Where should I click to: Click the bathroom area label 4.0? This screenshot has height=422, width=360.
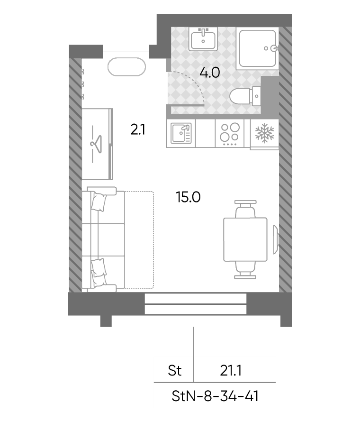pos(210,73)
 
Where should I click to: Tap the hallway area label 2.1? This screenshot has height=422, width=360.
pos(138,129)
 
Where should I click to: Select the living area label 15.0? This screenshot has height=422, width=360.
pos(188,197)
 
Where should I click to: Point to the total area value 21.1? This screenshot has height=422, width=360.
pos(230,371)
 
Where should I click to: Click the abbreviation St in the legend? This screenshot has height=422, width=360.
pos(175,371)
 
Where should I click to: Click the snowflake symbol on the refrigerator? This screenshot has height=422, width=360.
pos(265,133)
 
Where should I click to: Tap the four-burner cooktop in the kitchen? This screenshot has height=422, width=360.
pos(230,134)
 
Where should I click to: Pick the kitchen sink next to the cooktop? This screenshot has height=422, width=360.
pos(181,133)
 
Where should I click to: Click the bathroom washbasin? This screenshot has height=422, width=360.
pos(203,39)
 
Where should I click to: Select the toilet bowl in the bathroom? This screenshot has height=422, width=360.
pos(245,96)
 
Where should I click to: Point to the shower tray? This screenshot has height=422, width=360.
pos(258,48)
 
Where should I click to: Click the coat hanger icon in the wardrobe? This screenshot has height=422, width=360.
pos(97,144)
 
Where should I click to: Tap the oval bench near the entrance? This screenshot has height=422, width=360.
pos(126,67)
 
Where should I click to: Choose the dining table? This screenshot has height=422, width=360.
pos(245,239)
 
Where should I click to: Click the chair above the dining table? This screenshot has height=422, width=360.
pos(245,209)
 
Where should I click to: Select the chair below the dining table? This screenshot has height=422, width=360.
pos(245,270)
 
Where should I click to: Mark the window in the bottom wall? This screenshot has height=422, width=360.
pos(196,304)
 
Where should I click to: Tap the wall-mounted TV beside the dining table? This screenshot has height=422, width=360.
pos(276,239)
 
